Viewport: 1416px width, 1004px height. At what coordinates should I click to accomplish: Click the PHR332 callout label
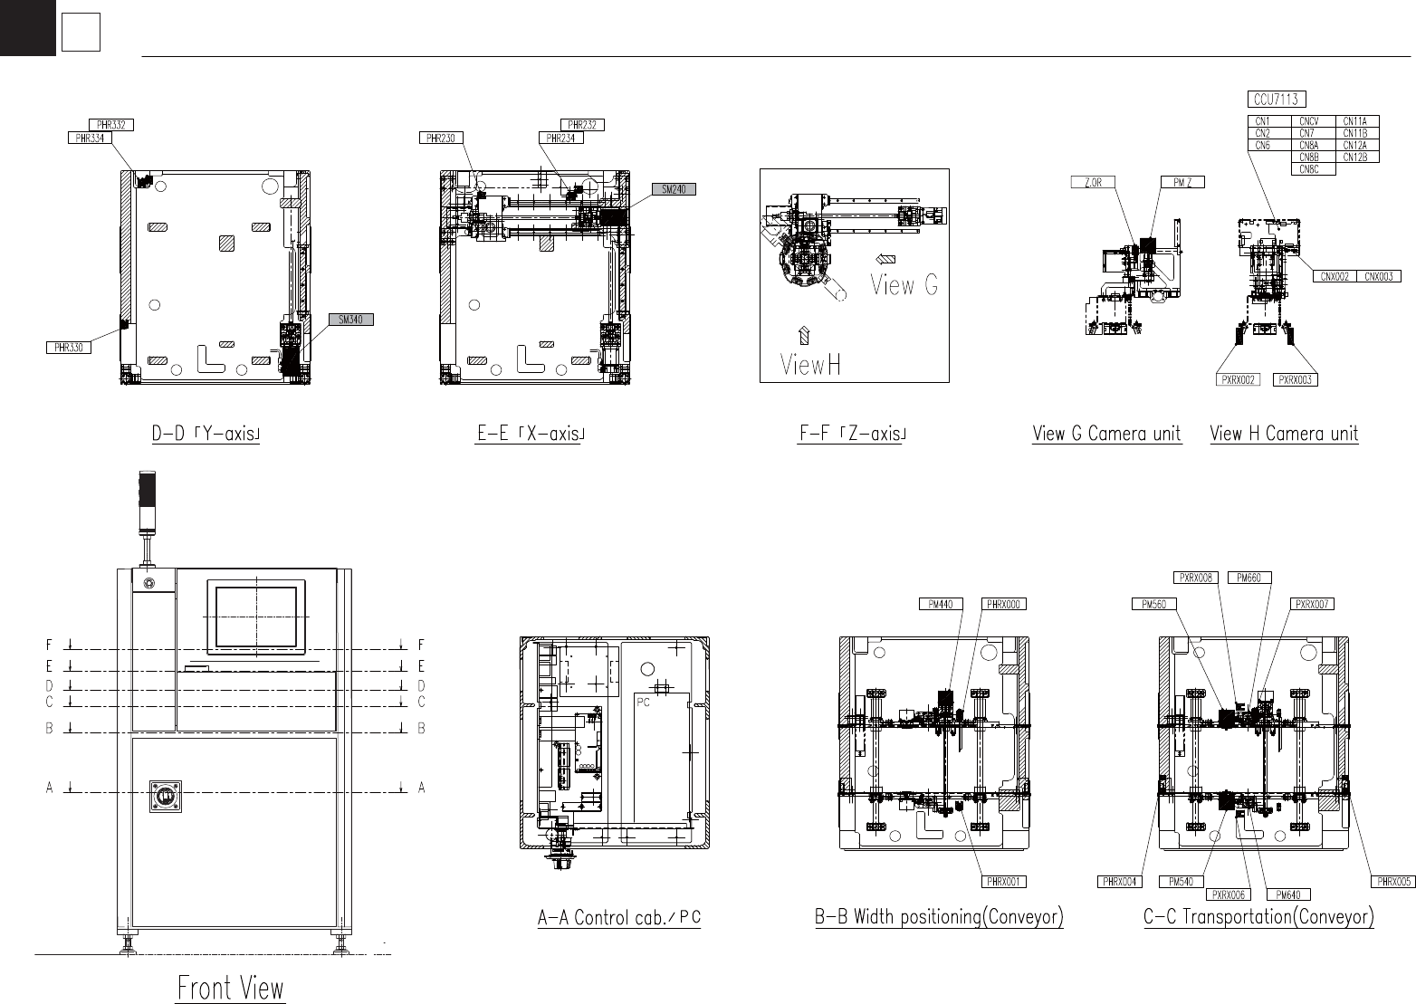click(x=111, y=125)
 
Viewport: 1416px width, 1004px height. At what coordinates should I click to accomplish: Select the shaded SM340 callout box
click(x=351, y=320)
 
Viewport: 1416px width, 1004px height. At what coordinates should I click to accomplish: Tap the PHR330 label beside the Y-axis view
click(x=69, y=348)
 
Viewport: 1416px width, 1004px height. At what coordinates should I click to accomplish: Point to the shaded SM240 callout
click(x=674, y=189)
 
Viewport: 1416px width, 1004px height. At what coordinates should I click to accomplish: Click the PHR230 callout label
click(x=441, y=138)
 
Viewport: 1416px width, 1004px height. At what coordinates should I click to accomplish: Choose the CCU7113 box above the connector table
click(x=1277, y=100)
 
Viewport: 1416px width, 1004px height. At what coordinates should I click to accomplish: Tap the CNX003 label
click(x=1379, y=276)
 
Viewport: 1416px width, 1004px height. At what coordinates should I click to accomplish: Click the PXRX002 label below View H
click(x=1238, y=380)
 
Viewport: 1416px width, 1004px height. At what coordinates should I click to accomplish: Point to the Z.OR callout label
click(x=1093, y=182)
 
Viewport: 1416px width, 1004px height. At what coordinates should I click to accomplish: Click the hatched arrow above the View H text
click(x=804, y=335)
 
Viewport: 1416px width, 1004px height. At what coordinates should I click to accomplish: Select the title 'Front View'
click(x=231, y=988)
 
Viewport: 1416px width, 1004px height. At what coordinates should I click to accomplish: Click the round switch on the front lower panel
click(x=166, y=797)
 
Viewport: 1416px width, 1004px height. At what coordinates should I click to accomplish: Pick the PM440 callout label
click(x=941, y=605)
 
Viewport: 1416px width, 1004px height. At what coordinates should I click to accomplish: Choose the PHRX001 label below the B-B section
click(x=1004, y=882)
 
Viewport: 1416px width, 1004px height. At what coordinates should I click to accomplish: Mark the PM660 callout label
click(x=1249, y=578)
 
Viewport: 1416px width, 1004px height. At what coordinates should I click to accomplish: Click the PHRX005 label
click(x=1394, y=882)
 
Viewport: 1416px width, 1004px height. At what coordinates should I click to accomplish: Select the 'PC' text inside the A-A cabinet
click(x=644, y=703)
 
